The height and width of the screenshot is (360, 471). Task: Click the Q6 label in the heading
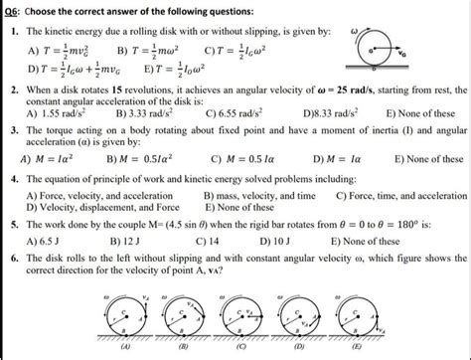tap(13, 8)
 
